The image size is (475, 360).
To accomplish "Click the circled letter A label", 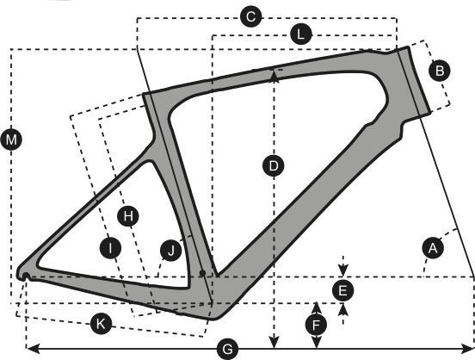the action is pos(433,248).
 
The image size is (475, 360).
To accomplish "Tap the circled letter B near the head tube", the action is pos(440,71).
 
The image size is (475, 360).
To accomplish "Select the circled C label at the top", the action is pos(250,16).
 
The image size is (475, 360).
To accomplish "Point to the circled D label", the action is pos(274,166).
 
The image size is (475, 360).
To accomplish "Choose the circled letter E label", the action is pos(342,290).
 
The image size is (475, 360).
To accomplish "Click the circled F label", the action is pos(316,326).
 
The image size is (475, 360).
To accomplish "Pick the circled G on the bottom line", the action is pos(227,350).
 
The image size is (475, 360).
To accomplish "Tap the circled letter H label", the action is pos(128,216).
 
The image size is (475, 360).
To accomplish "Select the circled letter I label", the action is pos(110,248).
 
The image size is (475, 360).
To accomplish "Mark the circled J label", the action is pos(171,251).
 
